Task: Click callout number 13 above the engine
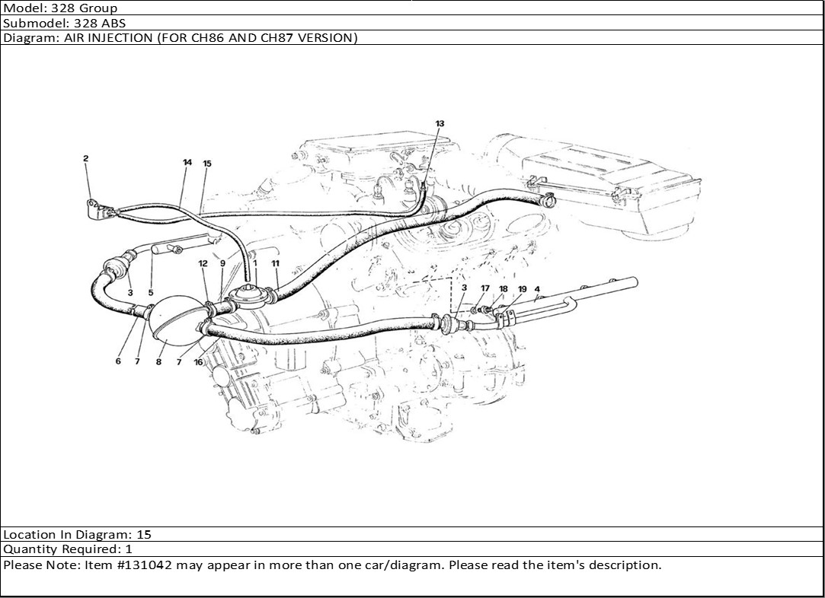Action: (440, 123)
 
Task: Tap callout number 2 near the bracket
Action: (86, 158)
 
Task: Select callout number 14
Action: (187, 162)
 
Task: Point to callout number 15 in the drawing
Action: (206, 164)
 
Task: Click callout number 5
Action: (151, 293)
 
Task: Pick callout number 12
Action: (203, 263)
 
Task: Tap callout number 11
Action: (275, 263)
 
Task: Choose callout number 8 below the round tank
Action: (159, 361)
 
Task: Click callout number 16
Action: (198, 362)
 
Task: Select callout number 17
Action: (485, 288)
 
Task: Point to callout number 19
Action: (522, 289)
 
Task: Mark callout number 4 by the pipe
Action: (537, 289)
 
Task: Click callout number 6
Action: (118, 361)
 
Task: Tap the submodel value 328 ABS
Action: (100, 23)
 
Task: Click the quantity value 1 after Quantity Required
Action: (129, 549)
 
